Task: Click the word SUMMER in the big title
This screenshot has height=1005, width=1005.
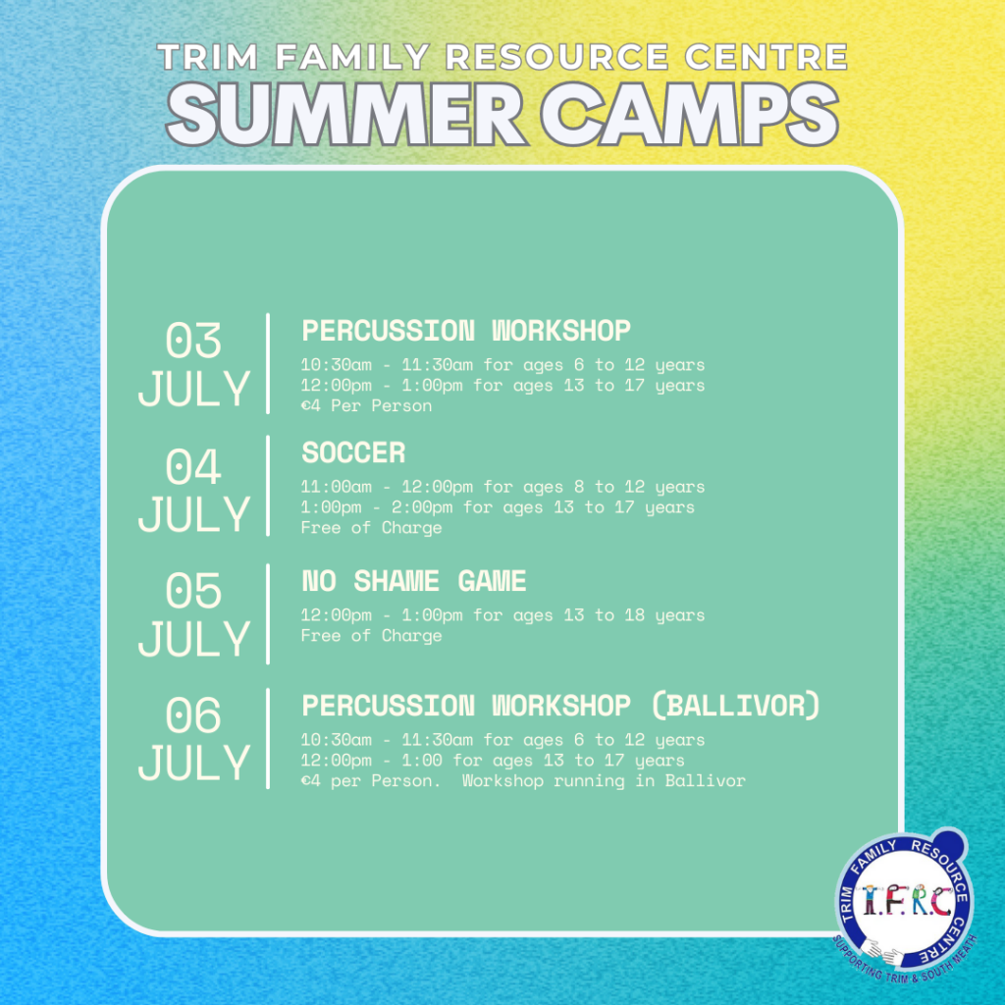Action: coord(346,115)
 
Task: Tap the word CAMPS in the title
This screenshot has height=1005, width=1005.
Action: coord(690,115)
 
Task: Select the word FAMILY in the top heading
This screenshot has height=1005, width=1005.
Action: coord(352,57)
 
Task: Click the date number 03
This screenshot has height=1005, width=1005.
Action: coord(193,340)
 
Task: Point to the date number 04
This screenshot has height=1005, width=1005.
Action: coord(193,466)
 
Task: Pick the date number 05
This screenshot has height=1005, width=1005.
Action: coord(193,590)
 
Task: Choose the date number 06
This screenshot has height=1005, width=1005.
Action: coord(193,714)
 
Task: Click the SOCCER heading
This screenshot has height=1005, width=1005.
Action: coord(353,452)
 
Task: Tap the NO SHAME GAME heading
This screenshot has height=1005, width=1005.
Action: coord(414,581)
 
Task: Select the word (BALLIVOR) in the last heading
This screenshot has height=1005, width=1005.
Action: coord(736,706)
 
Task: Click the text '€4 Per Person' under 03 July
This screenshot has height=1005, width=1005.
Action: coord(367,405)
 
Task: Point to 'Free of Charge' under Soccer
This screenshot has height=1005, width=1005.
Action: coord(372,527)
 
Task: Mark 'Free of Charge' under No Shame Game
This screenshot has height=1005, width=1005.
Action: coord(372,635)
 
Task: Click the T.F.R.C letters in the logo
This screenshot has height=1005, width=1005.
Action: coord(906,901)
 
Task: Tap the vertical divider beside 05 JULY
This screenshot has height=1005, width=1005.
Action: coord(268,614)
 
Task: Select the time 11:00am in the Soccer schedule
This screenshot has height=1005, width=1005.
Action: coord(337,487)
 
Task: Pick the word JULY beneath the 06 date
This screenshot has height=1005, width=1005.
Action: coord(194,763)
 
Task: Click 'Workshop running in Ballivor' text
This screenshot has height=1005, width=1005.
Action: coord(604,780)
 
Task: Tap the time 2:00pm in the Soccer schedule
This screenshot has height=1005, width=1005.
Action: coord(422,507)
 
